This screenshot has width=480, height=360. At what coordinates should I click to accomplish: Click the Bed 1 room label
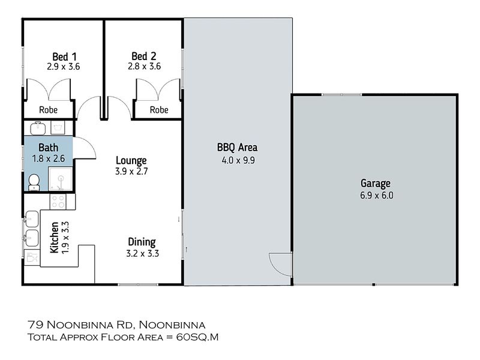point(64,56)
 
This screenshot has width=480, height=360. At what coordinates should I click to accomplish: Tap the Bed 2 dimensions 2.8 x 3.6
point(144,66)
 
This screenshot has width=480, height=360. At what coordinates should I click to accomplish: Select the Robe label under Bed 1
point(49,110)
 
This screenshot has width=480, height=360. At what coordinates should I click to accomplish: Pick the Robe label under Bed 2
point(159,110)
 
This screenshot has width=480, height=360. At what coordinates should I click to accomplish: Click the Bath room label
point(49,148)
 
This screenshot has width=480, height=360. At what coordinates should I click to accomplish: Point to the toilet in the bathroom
point(34,182)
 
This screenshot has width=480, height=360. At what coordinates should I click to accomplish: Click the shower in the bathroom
point(61,179)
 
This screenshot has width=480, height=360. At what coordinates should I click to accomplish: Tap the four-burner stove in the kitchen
point(58,202)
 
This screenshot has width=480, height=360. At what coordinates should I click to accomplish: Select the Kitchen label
point(54,238)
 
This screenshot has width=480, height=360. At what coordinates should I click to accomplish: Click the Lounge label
point(131,160)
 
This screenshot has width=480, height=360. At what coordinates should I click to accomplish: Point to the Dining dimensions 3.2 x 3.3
point(142,253)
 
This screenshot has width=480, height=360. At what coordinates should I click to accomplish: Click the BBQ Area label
point(237,148)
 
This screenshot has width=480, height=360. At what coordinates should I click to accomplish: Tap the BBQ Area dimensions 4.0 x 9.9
point(238,160)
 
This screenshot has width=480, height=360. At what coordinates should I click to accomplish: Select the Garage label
point(376,184)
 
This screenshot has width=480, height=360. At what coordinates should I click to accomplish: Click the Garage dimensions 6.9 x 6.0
point(377,196)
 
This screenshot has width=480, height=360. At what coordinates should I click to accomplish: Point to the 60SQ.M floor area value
point(197,337)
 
